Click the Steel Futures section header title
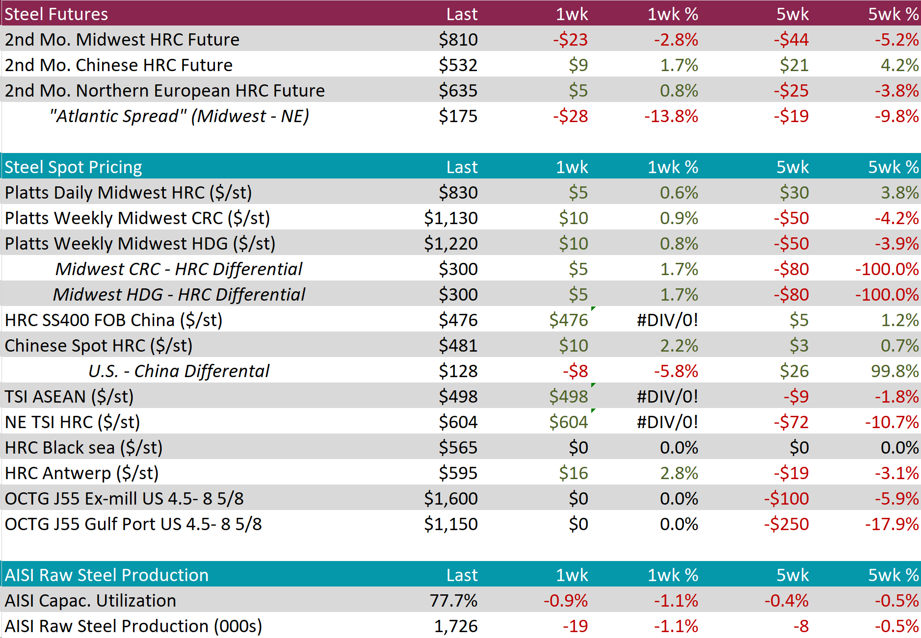coord(56,14)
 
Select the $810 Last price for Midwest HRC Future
coord(458,39)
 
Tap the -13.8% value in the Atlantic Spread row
coord(671,116)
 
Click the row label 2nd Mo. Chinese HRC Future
coord(119,65)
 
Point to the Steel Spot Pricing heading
coord(73,167)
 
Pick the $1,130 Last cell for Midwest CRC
coord(450,218)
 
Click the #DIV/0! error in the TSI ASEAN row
coord(667,396)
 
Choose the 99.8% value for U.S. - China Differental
coord(895,371)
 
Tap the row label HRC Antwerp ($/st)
coord(81,473)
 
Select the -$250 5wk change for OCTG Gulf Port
coord(786,524)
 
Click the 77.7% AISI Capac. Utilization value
coord(453,600)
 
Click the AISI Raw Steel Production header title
coord(106,575)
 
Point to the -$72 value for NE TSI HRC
coord(791,422)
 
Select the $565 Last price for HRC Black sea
coord(458,447)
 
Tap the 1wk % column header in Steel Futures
coord(673,14)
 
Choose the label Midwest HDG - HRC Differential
coord(179,294)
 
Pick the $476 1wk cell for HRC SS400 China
coord(568,320)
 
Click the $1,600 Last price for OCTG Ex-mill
coord(450,498)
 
